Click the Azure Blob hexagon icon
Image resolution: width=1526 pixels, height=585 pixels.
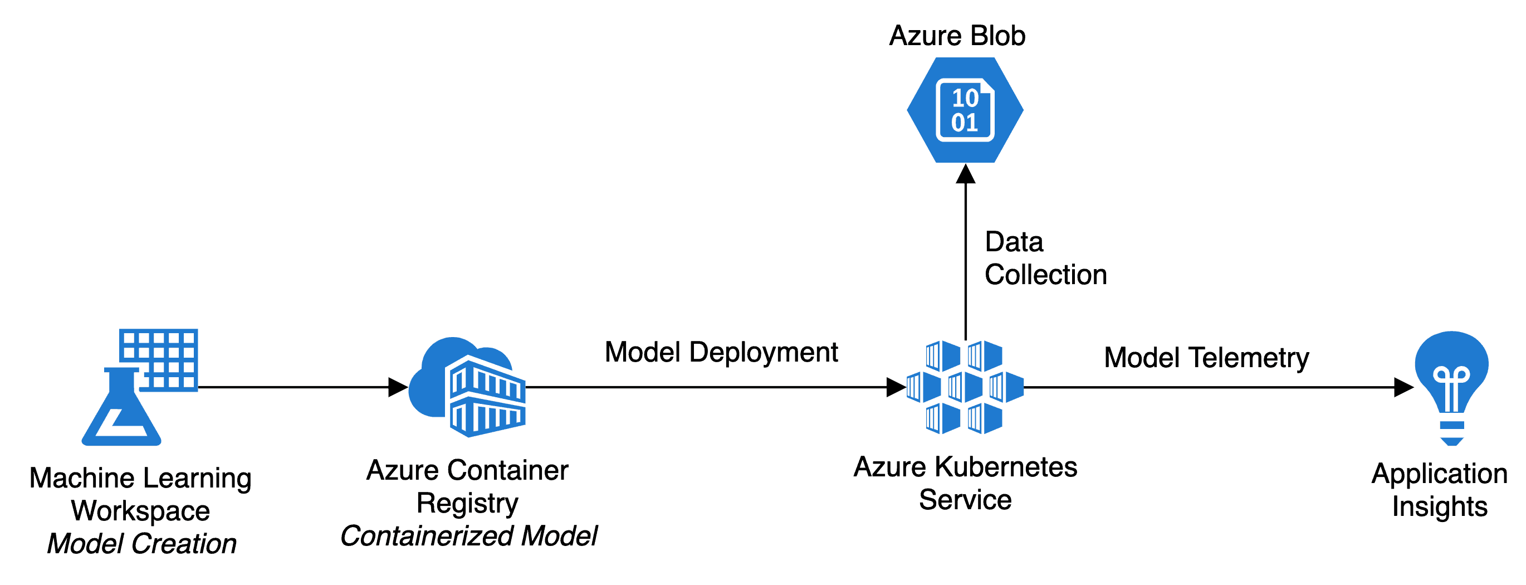coord(965,110)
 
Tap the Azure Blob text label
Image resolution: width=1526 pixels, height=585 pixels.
coord(957,36)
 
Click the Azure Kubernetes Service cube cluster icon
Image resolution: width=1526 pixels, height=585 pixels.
coord(965,387)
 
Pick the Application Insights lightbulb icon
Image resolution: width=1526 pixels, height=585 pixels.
coord(1451,385)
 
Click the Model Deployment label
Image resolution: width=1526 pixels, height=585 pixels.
coord(721,352)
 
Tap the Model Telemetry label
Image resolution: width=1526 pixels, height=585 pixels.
coord(1206,358)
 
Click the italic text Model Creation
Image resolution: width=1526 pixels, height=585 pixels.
coord(141,544)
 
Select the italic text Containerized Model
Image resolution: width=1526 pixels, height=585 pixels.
coord(468,536)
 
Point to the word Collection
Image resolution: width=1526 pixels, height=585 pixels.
coord(1045,275)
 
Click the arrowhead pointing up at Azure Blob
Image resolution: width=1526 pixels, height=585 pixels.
coord(966,174)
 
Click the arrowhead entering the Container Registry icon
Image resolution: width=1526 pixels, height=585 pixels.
coord(398,387)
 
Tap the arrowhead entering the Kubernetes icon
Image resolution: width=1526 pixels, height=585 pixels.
coord(896,387)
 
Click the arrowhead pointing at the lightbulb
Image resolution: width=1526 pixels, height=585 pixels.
coord(1403,387)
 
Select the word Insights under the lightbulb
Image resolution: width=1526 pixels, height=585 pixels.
coord(1440,507)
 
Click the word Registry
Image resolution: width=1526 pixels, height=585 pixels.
coord(467,503)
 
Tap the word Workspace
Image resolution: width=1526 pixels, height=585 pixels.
coord(140,511)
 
